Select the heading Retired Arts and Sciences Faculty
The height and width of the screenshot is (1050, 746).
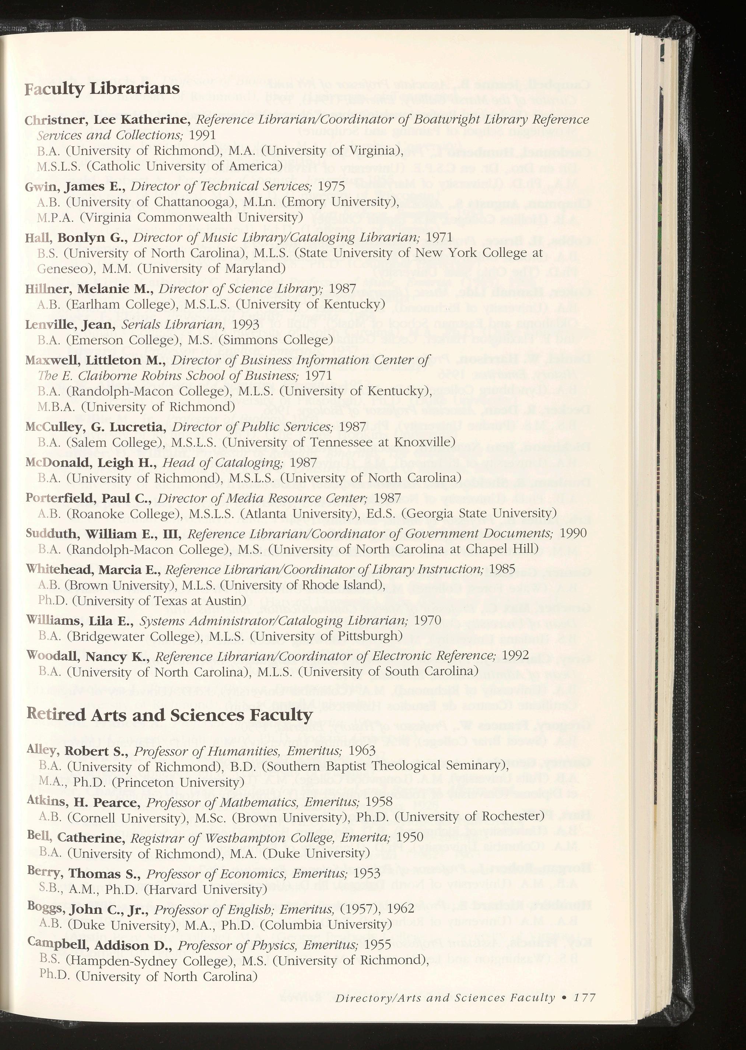(169, 715)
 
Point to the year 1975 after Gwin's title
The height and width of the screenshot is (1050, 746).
(331, 186)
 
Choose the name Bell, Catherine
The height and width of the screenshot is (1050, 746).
(77, 838)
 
